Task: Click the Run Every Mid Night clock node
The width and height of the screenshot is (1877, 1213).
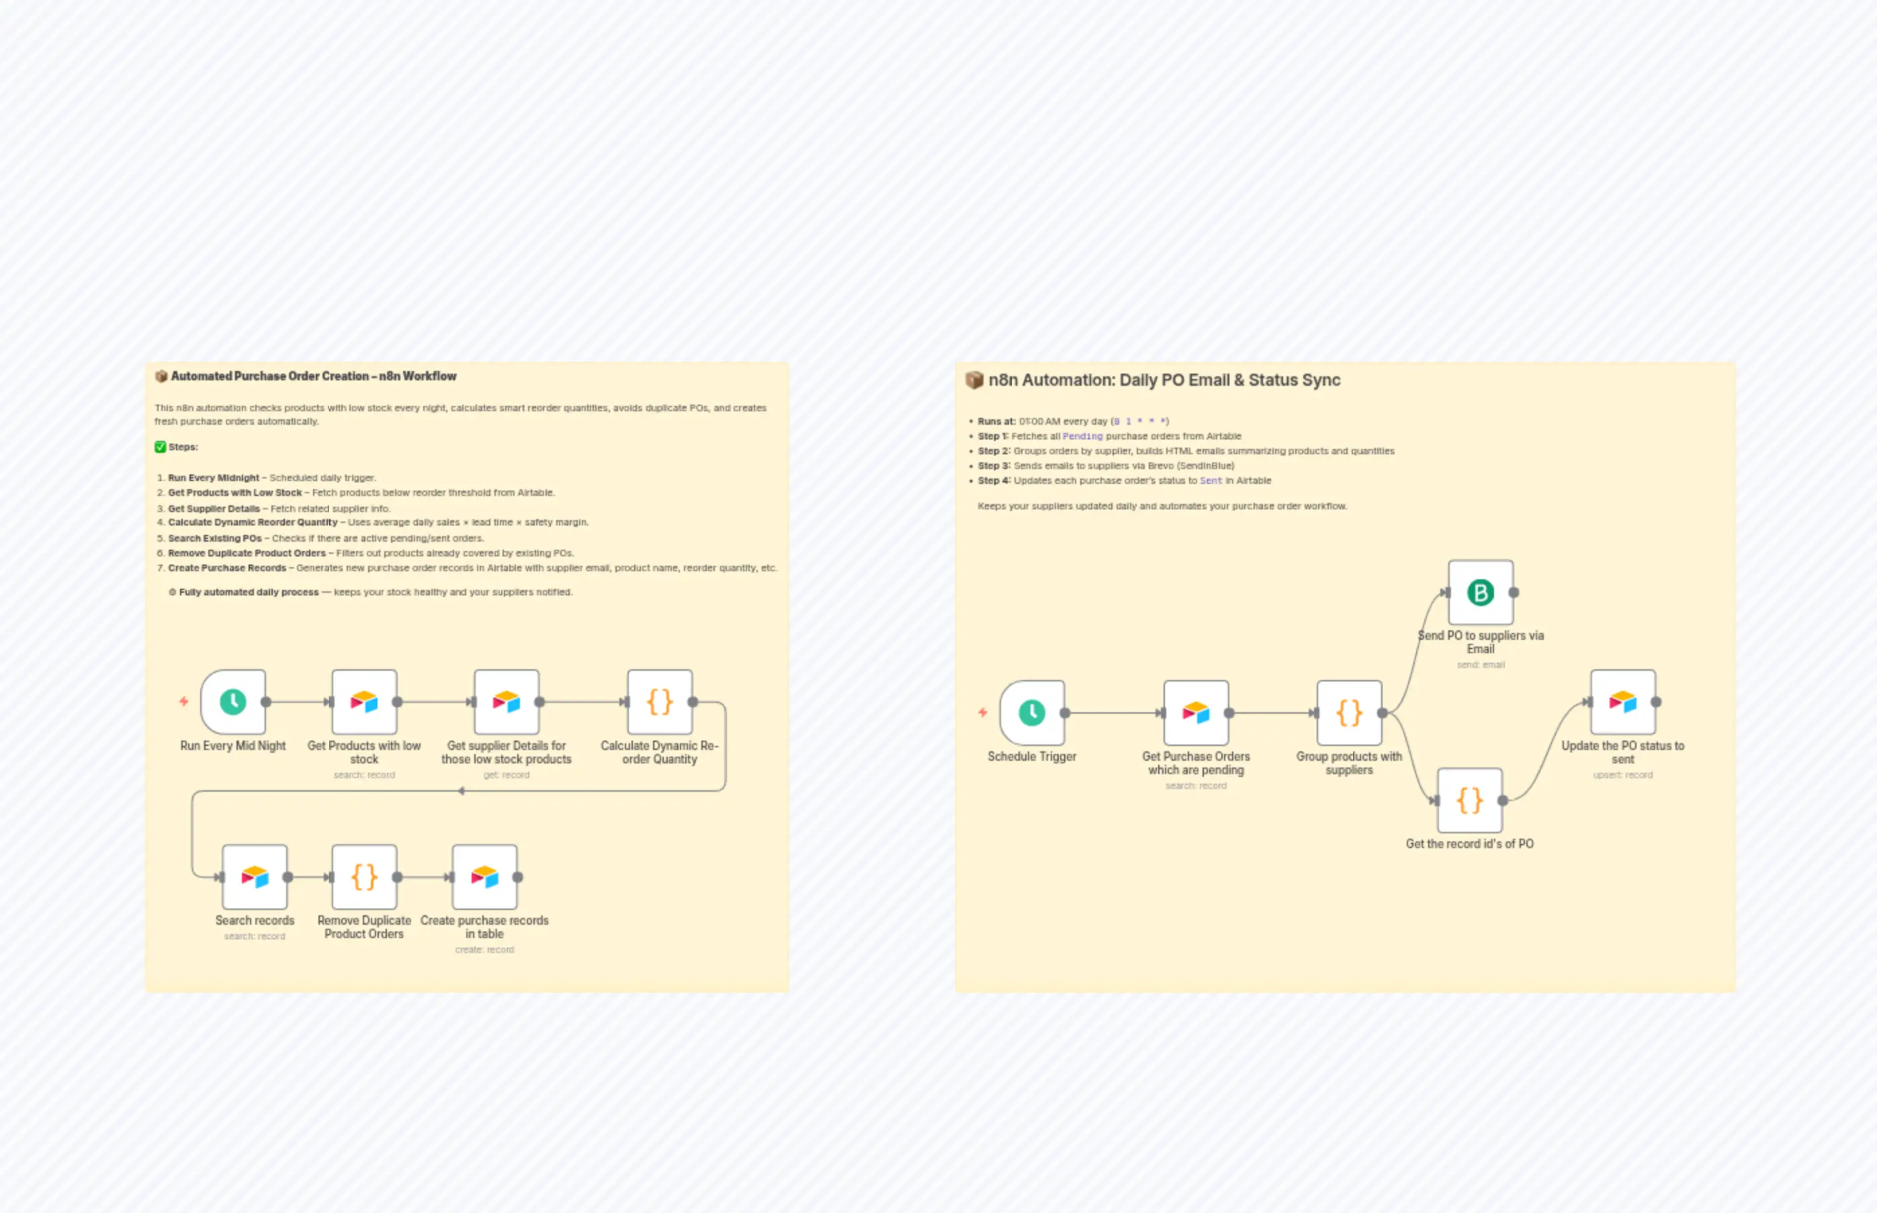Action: click(233, 702)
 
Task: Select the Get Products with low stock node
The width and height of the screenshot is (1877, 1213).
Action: click(363, 702)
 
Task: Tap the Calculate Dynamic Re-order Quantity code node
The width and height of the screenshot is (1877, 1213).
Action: click(660, 702)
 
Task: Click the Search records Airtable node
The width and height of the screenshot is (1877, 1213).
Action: click(255, 877)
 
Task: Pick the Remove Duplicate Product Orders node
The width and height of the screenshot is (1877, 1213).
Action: click(363, 877)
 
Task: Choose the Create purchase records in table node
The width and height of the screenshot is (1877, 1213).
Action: click(484, 877)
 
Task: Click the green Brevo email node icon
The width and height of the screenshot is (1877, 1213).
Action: click(1480, 592)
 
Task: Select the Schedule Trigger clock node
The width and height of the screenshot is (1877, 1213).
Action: click(1031, 713)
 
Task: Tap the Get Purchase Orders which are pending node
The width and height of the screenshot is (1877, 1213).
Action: click(1196, 713)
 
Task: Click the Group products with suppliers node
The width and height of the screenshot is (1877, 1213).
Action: click(1349, 713)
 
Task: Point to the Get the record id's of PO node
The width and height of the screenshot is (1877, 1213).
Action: click(1469, 800)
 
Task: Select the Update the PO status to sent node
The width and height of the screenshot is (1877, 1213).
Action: click(1622, 702)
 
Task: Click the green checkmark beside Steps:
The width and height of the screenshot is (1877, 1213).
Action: click(161, 447)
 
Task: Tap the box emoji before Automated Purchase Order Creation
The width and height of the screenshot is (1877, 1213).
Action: click(161, 376)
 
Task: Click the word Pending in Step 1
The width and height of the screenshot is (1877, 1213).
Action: click(1082, 436)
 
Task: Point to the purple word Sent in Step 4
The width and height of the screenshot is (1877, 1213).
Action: click(1211, 480)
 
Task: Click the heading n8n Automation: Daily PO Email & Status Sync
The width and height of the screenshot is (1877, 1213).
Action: click(1164, 380)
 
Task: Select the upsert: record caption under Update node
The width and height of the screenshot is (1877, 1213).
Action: click(1622, 775)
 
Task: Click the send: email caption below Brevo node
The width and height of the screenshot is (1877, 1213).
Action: click(1480, 665)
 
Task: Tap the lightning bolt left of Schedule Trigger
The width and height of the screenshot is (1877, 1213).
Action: click(983, 712)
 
